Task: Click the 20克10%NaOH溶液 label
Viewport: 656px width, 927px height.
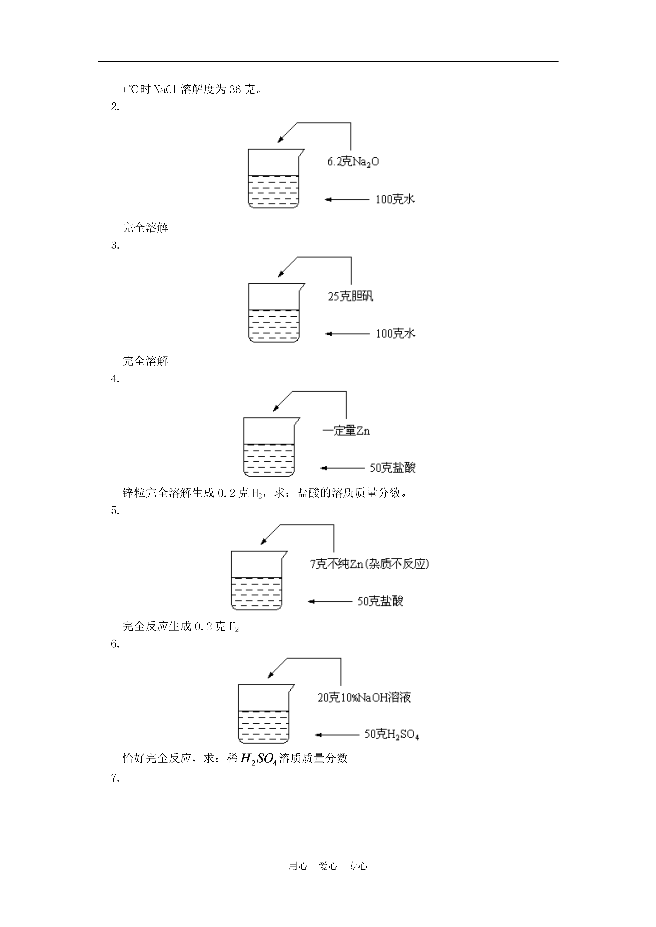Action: (364, 698)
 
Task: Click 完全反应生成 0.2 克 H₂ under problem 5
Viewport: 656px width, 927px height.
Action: (181, 627)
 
